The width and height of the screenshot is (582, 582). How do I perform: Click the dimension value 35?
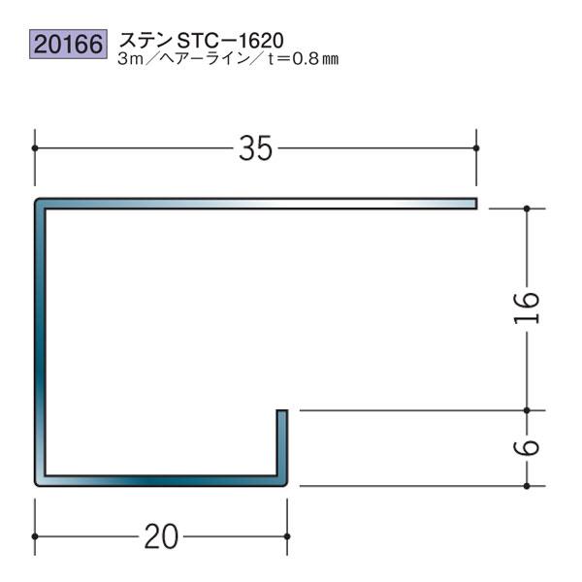pyautogui.click(x=255, y=148)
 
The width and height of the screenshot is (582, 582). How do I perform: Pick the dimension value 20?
pyautogui.click(x=160, y=536)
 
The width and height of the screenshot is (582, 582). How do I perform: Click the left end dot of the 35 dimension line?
pyautogui.click(x=36, y=147)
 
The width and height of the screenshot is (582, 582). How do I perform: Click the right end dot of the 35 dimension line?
pyautogui.click(x=476, y=147)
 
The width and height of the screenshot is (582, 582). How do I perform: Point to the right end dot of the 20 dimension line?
pyautogui.click(x=286, y=536)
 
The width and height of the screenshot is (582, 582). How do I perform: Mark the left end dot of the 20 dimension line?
pyautogui.click(x=36, y=536)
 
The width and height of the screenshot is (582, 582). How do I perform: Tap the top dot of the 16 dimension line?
pyautogui.click(x=526, y=208)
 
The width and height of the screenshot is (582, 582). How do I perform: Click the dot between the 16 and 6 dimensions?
pyautogui.click(x=526, y=410)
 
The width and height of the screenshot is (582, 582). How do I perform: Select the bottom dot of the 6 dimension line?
pyautogui.click(x=526, y=486)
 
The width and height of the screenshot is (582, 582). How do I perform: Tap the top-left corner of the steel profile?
pyautogui.click(x=39, y=205)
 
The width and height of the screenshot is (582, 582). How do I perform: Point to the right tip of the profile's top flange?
pyautogui.click(x=476, y=204)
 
